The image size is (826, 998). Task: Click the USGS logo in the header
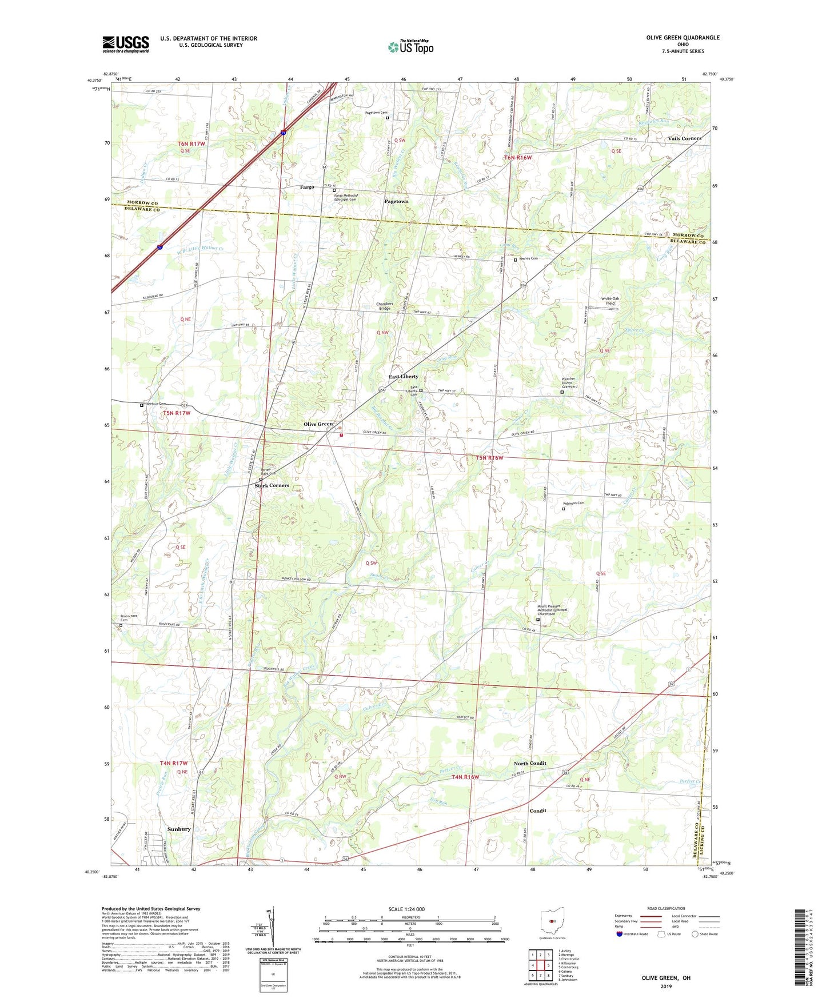[x=126, y=44]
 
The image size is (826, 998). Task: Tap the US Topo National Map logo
[x=410, y=46]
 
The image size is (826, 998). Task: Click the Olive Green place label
[x=318, y=424]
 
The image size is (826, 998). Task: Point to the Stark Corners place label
[x=272, y=485]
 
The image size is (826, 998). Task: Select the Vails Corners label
[x=684, y=138]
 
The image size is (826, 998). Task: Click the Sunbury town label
[x=179, y=829]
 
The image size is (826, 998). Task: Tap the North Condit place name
[x=529, y=763]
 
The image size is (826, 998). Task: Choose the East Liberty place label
[x=404, y=377]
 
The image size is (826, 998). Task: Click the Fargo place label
[x=307, y=187]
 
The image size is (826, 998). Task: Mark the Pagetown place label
[x=396, y=201]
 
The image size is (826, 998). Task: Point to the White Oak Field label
[x=610, y=301]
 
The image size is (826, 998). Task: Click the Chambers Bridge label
[x=384, y=306]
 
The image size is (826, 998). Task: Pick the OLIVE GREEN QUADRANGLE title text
[x=683, y=38]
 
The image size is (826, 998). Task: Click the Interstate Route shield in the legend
[x=619, y=934]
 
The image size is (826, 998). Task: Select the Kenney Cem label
[x=528, y=258]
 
